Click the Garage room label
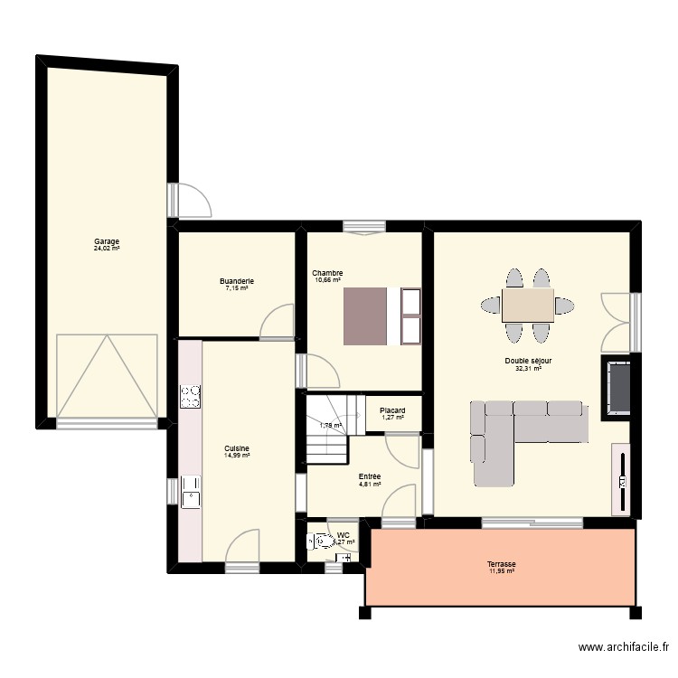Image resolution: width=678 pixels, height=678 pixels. click(107, 241)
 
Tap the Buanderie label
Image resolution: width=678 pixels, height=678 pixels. click(237, 281)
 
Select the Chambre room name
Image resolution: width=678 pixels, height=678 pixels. click(327, 273)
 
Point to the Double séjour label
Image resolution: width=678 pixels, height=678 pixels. click(529, 361)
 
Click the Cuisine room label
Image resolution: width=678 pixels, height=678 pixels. click(237, 448)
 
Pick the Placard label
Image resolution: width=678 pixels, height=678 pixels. click(392, 410)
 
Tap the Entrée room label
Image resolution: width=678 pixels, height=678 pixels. click(370, 476)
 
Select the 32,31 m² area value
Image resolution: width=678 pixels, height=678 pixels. click(529, 369)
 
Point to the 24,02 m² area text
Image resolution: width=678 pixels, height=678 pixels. click(107, 249)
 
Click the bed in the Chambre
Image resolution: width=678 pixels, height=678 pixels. click(365, 315)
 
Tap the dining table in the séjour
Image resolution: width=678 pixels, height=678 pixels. click(528, 306)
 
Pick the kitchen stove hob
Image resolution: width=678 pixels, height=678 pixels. click(191, 396)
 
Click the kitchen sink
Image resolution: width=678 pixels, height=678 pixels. click(191, 492)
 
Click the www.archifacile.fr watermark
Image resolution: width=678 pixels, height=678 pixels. click(623, 647)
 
